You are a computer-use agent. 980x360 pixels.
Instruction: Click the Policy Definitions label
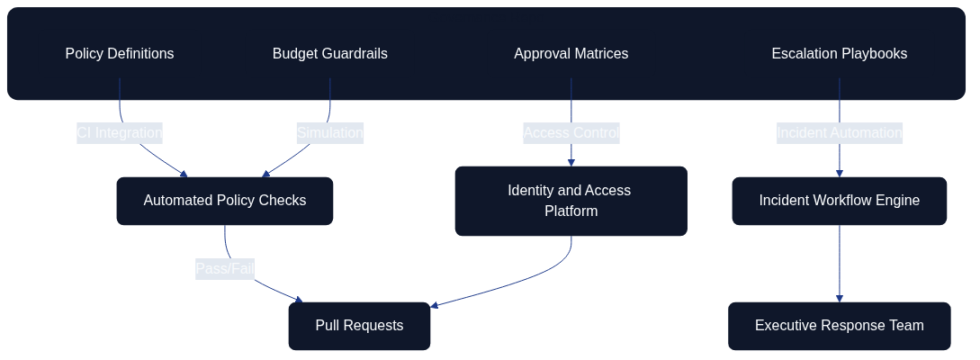[x=120, y=54]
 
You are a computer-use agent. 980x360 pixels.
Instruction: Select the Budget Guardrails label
[x=329, y=54]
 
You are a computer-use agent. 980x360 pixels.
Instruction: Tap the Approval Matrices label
[x=571, y=54]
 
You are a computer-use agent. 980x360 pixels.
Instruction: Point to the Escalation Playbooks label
[x=839, y=54]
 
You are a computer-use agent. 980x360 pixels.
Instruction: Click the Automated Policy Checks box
[x=224, y=201]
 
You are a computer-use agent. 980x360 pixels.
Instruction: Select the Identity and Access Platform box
[x=571, y=201]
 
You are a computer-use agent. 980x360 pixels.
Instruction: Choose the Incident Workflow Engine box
[x=839, y=201]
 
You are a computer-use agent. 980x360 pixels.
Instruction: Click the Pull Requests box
[x=359, y=326]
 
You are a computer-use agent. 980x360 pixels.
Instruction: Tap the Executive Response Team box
[x=839, y=326]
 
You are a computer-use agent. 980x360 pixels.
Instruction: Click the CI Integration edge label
[x=120, y=133]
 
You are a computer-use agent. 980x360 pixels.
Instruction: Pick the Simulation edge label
[x=329, y=133]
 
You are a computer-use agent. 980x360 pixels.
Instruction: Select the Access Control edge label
[x=571, y=133]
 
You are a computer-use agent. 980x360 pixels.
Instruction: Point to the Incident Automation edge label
[x=839, y=133]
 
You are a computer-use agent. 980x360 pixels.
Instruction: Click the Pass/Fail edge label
[x=224, y=268]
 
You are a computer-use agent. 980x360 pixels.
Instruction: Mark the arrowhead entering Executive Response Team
[x=840, y=298]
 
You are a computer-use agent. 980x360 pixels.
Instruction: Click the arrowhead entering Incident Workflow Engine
[x=840, y=173]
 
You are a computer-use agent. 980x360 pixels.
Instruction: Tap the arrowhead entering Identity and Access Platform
[x=571, y=162]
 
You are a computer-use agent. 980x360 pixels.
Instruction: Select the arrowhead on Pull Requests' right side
[x=436, y=306]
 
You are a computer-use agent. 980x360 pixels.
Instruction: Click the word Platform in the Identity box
[x=571, y=211]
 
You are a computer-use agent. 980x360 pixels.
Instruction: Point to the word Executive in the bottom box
[x=786, y=326]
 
